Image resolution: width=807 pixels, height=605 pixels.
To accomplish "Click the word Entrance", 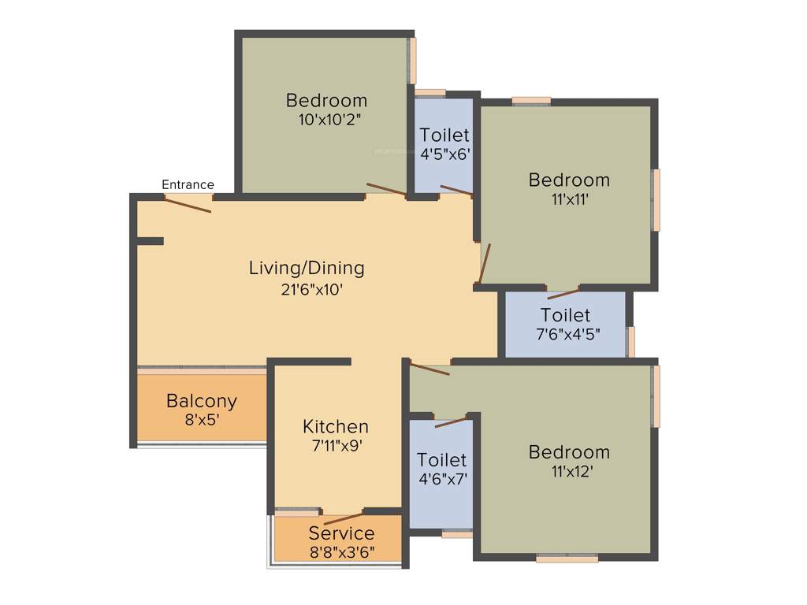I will pyautogui.click(x=188, y=184).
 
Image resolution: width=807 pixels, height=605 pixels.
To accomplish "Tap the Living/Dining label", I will pyautogui.click(x=307, y=268).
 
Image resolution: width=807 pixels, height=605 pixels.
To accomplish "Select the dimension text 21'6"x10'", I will pyautogui.click(x=307, y=289).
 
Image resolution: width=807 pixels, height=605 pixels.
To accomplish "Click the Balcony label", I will pyautogui.click(x=201, y=401).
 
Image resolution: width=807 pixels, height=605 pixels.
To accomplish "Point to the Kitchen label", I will pyautogui.click(x=336, y=426).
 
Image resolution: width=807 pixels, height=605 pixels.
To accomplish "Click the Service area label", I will pyautogui.click(x=341, y=533).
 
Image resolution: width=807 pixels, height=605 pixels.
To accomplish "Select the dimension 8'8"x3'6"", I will pyautogui.click(x=341, y=551).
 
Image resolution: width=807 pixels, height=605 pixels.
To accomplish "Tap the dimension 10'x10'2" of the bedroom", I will pyautogui.click(x=326, y=120).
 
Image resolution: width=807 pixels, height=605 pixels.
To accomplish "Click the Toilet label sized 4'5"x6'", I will pyautogui.click(x=444, y=135).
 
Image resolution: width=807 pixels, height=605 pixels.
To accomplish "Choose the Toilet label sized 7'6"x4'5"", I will pyautogui.click(x=565, y=316).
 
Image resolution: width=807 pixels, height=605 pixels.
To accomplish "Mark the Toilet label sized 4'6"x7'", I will pyautogui.click(x=441, y=458).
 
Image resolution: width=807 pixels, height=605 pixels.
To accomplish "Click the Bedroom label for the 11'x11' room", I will pyautogui.click(x=569, y=180).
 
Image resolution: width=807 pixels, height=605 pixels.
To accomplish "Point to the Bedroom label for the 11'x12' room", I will pyautogui.click(x=569, y=452).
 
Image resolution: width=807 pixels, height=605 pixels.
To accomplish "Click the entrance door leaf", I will pyautogui.click(x=188, y=204).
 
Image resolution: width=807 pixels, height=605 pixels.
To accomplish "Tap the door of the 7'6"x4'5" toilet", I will pyautogui.click(x=563, y=294).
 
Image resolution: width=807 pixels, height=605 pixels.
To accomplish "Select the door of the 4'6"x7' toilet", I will pyautogui.click(x=451, y=421).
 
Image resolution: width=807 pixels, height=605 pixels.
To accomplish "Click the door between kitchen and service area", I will pyautogui.click(x=344, y=518).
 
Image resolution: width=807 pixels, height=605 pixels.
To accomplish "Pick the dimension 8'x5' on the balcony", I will pyautogui.click(x=201, y=420).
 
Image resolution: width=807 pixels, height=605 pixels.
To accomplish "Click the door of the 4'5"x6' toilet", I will pyautogui.click(x=456, y=189).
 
